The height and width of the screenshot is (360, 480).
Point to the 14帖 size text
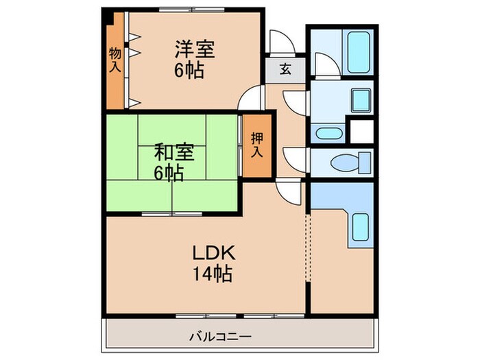pos(213,274)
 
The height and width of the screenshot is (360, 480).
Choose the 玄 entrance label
pos(284,69)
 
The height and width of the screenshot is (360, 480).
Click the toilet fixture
pos(342,163)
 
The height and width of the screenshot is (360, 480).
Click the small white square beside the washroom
pos(361,130)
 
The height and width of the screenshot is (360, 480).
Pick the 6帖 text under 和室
pos(168,173)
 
